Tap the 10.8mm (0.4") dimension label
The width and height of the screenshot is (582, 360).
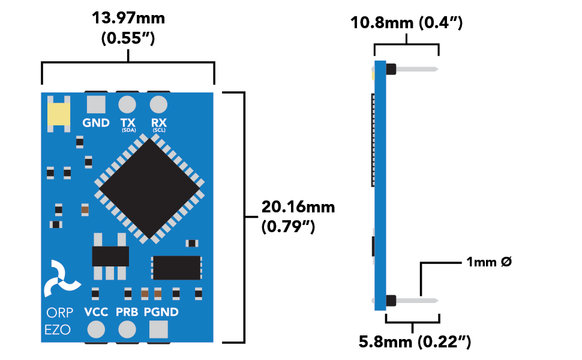tap(406, 23)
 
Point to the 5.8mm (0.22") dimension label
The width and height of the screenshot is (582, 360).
tap(414, 343)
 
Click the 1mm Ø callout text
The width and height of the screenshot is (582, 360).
tap(488, 262)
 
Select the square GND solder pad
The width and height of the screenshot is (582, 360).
tap(96, 104)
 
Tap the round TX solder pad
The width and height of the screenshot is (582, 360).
tap(127, 104)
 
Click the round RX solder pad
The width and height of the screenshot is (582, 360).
tap(158, 104)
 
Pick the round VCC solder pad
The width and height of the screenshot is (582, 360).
tap(96, 329)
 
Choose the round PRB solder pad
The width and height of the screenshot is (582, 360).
tap(127, 329)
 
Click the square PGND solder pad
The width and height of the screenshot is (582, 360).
tap(158, 329)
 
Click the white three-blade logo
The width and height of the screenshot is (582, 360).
tap(61, 279)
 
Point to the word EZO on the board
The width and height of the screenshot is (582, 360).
tap(58, 329)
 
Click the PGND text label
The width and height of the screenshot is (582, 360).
tap(161, 312)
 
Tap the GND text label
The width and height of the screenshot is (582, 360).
tap(96, 123)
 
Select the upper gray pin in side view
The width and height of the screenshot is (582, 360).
tap(417, 69)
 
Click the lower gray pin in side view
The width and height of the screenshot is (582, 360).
tap(417, 299)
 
